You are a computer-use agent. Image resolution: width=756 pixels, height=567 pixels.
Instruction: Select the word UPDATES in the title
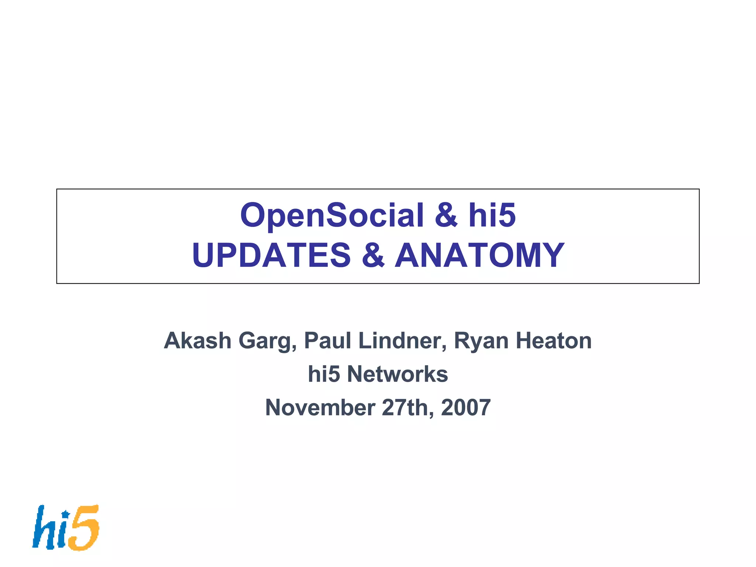[271, 255]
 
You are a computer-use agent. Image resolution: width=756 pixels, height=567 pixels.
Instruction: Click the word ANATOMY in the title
[480, 255]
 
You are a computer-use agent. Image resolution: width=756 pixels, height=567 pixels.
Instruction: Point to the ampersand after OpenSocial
[446, 216]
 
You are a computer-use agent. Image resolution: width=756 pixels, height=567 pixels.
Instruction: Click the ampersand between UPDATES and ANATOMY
[373, 255]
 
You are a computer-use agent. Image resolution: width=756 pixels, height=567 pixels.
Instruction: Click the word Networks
[398, 374]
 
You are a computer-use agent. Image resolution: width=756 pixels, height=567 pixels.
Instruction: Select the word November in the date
[320, 408]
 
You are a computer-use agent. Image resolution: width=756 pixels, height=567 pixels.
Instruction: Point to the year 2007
[466, 408]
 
